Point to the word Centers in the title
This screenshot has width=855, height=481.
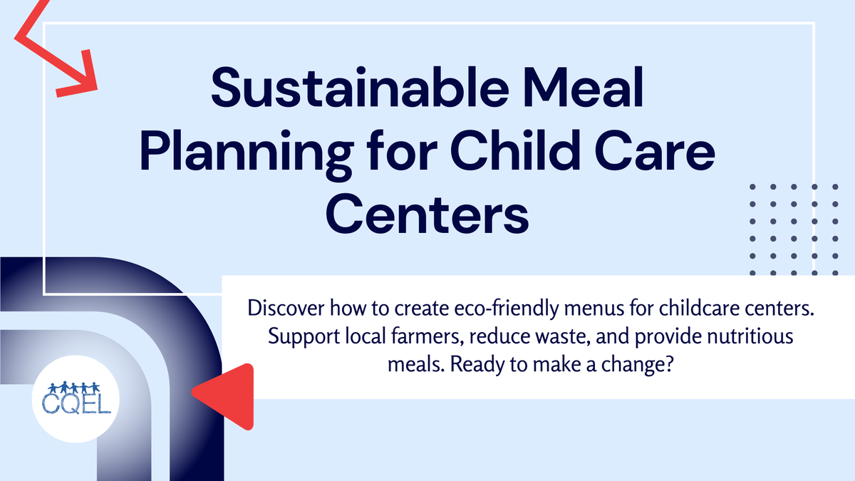(427, 213)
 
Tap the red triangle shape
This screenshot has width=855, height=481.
(228, 395)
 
